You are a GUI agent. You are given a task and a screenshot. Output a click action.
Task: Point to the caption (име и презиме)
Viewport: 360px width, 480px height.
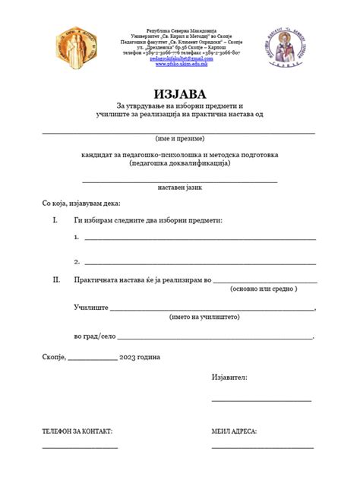[x=179, y=139]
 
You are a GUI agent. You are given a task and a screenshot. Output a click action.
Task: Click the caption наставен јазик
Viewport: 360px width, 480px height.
[x=179, y=187]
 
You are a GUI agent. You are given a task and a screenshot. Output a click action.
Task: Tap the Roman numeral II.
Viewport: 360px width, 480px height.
[x=55, y=279]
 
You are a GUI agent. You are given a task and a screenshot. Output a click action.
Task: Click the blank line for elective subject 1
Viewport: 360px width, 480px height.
[x=199, y=238]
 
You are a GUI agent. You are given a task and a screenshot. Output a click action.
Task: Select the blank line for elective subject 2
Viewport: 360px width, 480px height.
[x=199, y=263]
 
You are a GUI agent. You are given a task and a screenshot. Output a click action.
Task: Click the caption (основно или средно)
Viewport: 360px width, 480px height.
[x=264, y=289]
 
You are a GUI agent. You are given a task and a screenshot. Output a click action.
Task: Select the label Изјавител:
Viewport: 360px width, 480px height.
[x=229, y=377]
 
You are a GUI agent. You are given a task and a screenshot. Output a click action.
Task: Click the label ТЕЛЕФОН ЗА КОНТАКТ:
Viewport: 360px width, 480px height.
[x=77, y=431]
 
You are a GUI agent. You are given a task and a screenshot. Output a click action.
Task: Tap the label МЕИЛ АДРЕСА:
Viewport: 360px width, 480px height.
[x=234, y=431]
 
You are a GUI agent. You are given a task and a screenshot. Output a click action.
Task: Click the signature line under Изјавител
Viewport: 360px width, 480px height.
[x=261, y=399]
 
